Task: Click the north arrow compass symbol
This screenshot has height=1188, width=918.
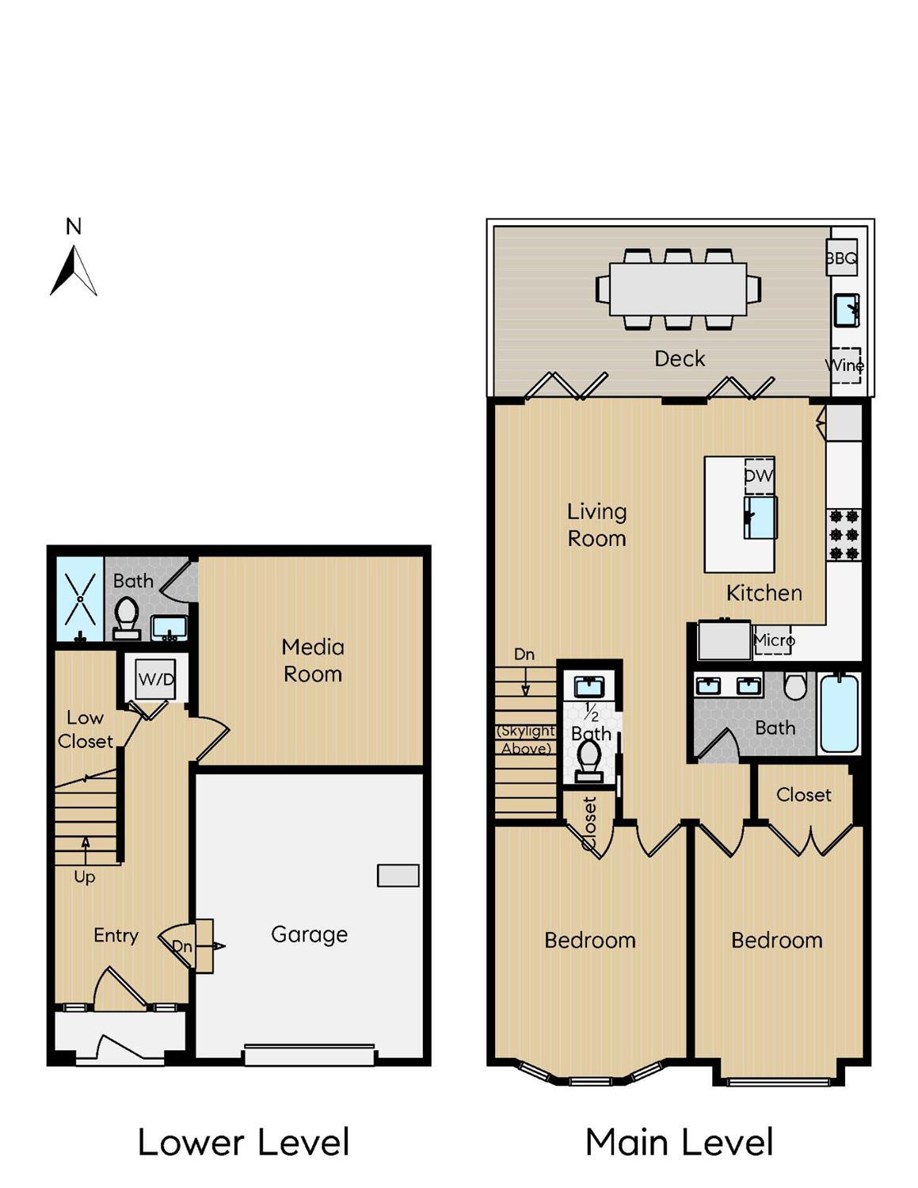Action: pos(73,270)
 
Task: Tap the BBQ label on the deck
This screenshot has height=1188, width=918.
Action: pos(841,258)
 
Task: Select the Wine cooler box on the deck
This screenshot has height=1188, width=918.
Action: pos(846,365)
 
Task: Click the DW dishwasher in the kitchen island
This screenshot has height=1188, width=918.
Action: pos(759,476)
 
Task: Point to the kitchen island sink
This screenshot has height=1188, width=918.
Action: pos(760,517)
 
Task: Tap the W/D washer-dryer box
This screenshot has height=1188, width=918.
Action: pos(156,679)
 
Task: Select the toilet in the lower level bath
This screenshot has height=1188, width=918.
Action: pos(127,618)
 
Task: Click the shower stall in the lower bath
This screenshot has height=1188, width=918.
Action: pos(80,599)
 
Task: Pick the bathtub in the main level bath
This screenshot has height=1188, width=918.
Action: pos(839,713)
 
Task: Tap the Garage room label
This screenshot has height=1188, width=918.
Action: pos(309,934)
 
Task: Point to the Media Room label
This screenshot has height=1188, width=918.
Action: pos(313,660)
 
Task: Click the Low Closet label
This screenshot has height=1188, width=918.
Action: pos(86,729)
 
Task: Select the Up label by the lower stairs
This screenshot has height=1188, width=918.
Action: pos(85,877)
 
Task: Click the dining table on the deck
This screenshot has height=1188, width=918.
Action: pos(678,289)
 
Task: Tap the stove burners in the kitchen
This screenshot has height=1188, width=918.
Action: pos(845,535)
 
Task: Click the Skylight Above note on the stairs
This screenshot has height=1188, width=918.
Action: pos(526,739)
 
